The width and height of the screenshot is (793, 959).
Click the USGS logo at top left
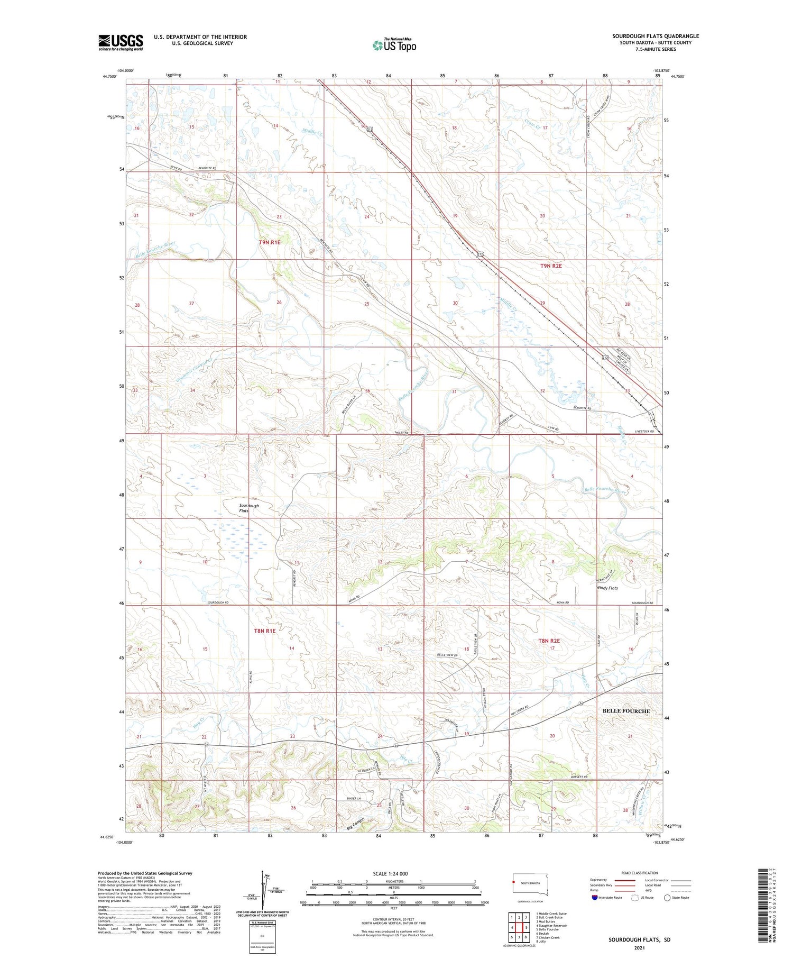pyautogui.click(x=121, y=42)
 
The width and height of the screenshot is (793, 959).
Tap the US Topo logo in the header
pyautogui.click(x=394, y=45)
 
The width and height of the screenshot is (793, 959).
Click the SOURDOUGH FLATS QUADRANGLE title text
pyautogui.click(x=655, y=36)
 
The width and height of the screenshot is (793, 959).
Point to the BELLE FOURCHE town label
pyautogui.click(x=626, y=711)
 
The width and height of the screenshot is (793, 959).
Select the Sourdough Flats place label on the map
pyautogui.click(x=249, y=508)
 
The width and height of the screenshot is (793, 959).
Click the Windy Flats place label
pyautogui.click(x=607, y=588)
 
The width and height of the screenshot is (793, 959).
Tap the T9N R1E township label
pyautogui.click(x=270, y=242)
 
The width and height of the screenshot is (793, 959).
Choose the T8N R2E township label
pyautogui.click(x=549, y=641)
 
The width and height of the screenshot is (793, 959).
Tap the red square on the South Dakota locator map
pyautogui.click(x=513, y=881)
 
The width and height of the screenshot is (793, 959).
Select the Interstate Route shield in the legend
pyautogui.click(x=595, y=897)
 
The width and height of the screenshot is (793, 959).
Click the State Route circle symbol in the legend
pyautogui.click(x=667, y=897)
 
